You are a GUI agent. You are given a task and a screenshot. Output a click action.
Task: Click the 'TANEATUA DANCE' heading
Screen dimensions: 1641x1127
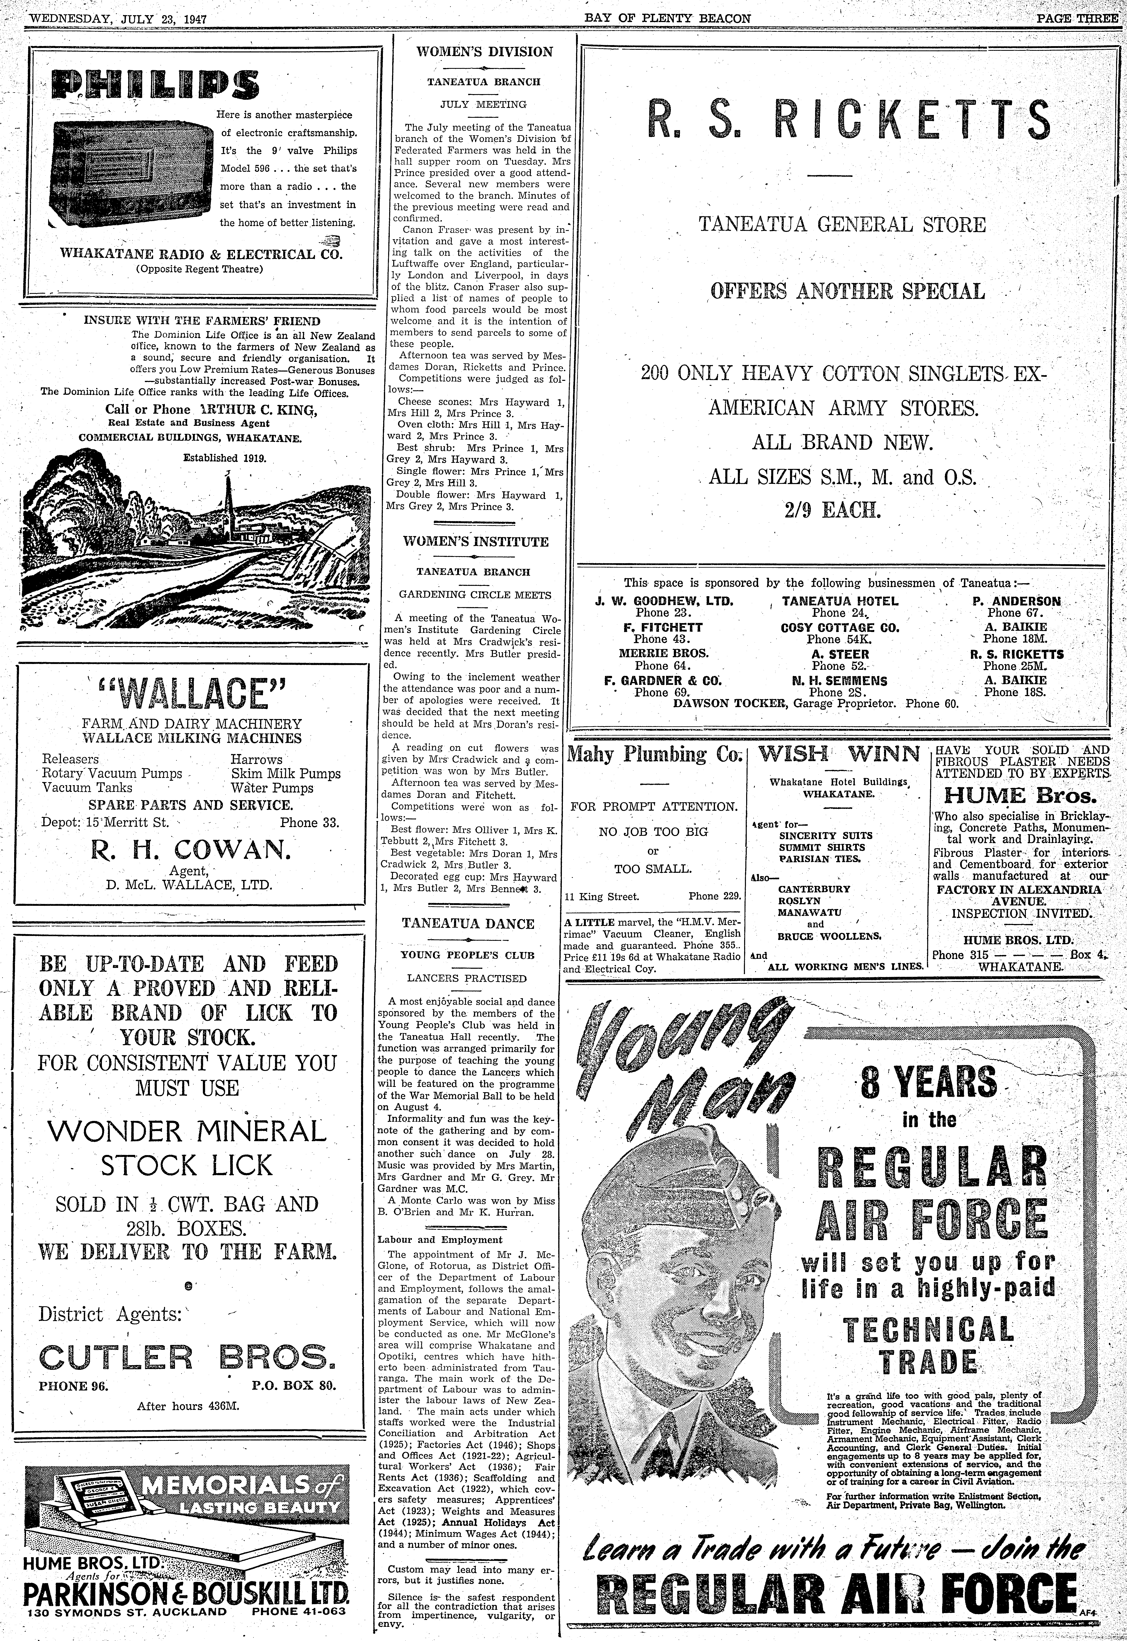point(468,923)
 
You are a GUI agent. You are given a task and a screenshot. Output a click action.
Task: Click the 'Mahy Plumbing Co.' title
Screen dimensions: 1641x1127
point(654,754)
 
